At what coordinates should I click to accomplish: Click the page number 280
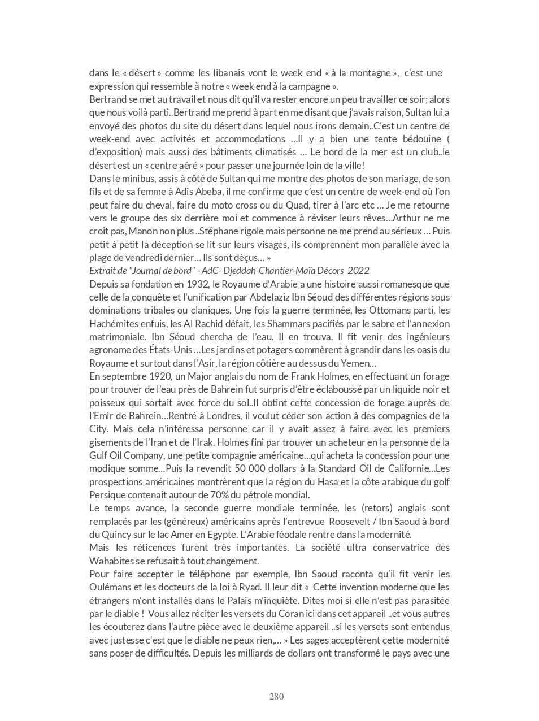tap(276, 696)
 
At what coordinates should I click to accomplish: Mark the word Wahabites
tap(111, 561)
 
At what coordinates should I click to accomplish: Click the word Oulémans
tap(112, 587)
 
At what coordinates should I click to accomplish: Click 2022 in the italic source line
tap(358, 271)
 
